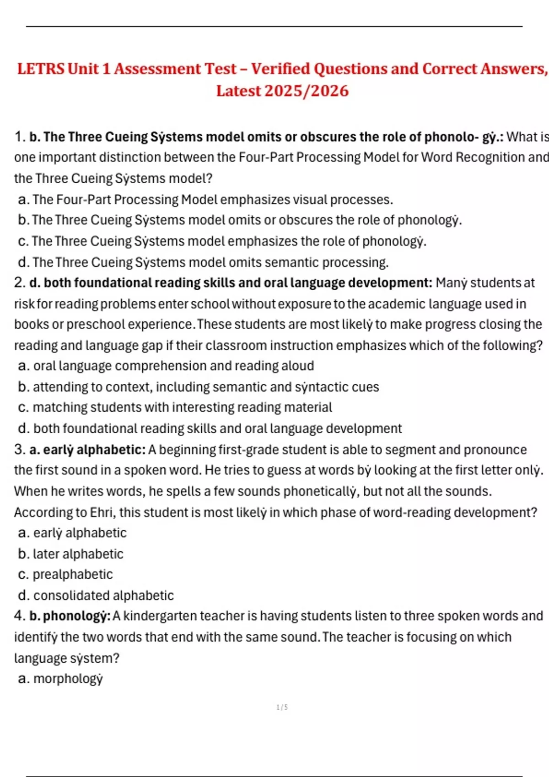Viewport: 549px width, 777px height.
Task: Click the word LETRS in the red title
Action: click(x=41, y=69)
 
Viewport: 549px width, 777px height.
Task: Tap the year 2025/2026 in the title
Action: click(x=306, y=91)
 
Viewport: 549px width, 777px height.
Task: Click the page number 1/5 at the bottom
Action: click(x=282, y=708)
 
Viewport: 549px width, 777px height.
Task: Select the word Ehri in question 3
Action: click(x=102, y=512)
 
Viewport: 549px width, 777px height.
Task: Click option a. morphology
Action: click(x=60, y=679)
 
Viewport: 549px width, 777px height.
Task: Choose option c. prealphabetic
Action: click(x=65, y=575)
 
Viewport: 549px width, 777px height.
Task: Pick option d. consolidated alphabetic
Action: click(x=96, y=596)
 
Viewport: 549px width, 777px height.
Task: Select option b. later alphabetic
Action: click(x=71, y=554)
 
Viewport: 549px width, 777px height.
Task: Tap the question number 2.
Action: click(x=19, y=283)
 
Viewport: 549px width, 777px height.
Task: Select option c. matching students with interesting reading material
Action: click(x=175, y=407)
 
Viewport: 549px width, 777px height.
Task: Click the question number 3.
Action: click(x=19, y=450)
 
